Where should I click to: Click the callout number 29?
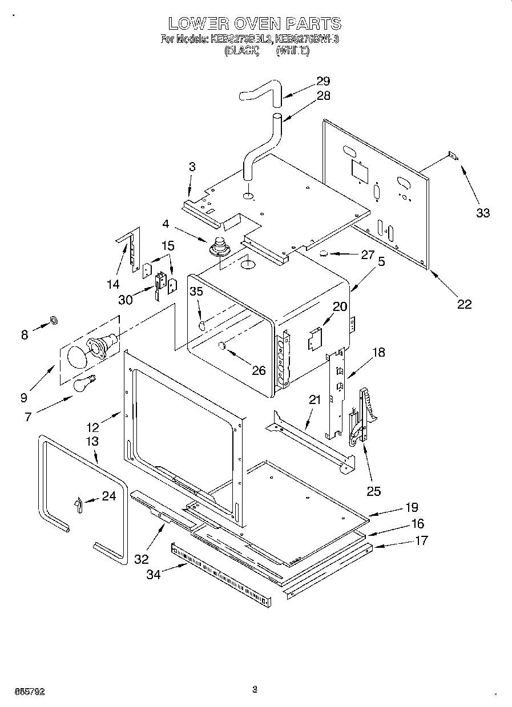pos(323,80)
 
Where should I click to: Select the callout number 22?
pos(464,304)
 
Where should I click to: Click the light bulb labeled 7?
pos(83,383)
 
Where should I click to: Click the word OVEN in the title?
pos(255,23)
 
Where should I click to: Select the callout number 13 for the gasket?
pos(92,441)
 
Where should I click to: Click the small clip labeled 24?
pos(79,503)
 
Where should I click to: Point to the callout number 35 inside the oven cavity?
pos(196,291)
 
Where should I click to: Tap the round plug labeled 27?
pos(323,253)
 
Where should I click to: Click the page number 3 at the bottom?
pos(255,690)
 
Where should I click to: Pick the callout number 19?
pos(412,507)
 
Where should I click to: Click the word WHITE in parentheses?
pos(292,51)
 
